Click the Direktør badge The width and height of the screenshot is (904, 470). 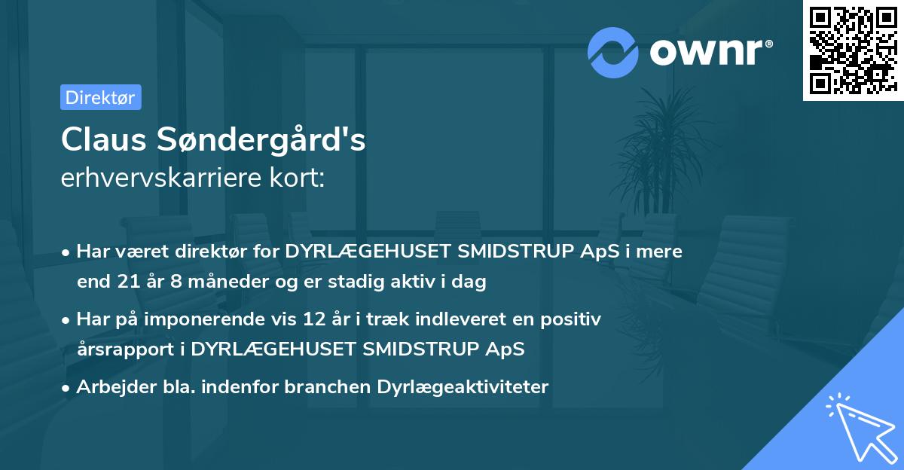click(x=100, y=97)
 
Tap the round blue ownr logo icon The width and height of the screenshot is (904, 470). click(x=613, y=52)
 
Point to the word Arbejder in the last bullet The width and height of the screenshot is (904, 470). click(x=110, y=387)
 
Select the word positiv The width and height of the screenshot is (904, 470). click(x=569, y=319)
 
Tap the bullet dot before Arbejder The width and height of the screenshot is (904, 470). click(x=66, y=388)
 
